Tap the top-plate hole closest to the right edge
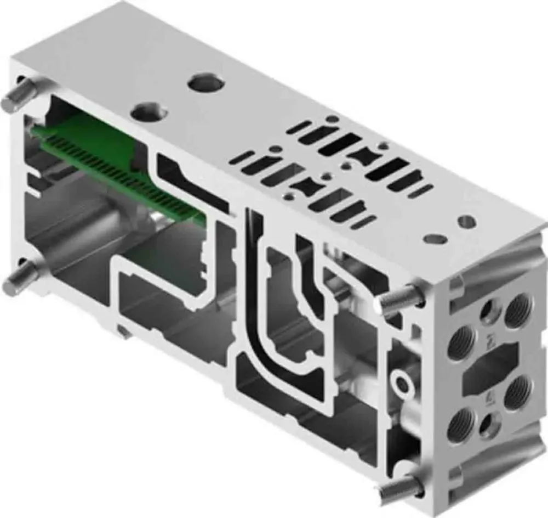pyautogui.click(x=466, y=222)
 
